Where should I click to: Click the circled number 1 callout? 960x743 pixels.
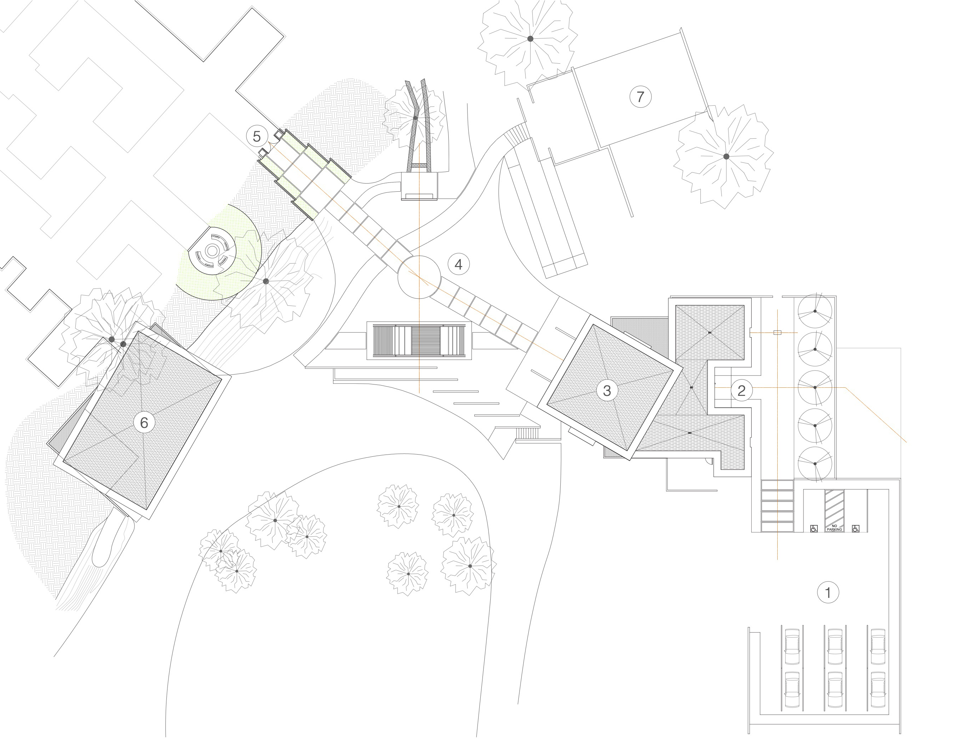coord(828,593)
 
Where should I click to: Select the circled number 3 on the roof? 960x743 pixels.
coord(607,391)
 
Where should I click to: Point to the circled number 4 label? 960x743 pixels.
coord(458,265)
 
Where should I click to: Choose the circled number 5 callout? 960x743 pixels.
coord(257,136)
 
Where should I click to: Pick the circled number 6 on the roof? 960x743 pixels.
coord(144,423)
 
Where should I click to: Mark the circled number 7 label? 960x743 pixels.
coord(640,96)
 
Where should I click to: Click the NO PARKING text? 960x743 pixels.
coord(834,527)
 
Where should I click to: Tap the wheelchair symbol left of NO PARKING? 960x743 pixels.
coord(814,528)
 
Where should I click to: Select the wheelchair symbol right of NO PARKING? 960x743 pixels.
coord(855,528)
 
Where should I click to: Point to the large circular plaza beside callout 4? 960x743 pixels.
coord(419,277)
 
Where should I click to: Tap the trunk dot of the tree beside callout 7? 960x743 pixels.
coord(726,156)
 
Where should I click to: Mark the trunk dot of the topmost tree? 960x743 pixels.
coord(530,39)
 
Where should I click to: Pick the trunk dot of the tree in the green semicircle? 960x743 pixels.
coord(266,281)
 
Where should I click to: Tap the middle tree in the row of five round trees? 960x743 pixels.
coord(815,387)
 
